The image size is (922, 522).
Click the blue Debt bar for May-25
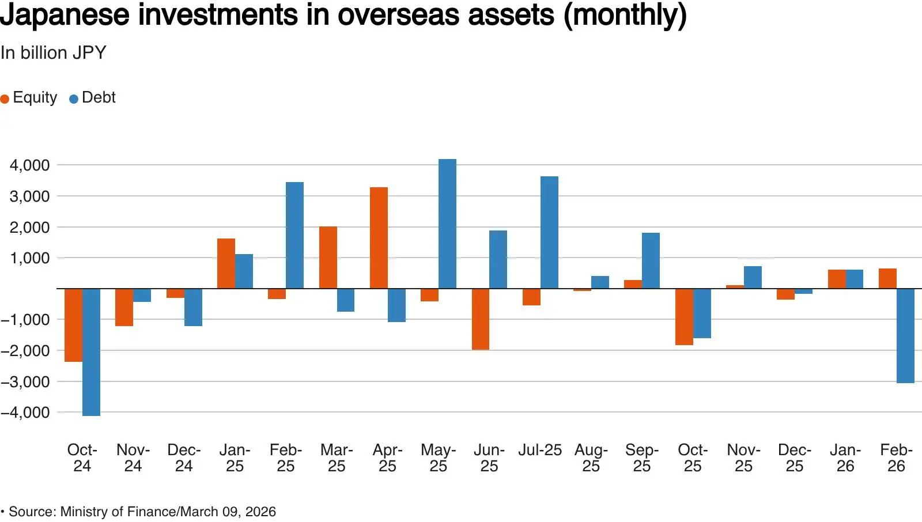pos(447,224)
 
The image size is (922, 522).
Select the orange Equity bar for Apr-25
pos(379,238)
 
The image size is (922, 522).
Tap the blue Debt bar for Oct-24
pos(92,352)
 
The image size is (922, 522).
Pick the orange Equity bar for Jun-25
pos(481,319)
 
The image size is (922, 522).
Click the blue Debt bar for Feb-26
pos(905,335)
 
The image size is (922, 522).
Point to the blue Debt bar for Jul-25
pos(550,233)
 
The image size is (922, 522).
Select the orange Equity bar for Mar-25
pos(328,258)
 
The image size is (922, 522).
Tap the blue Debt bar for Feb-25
pos(294,235)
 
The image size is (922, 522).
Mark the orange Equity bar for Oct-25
pos(684,316)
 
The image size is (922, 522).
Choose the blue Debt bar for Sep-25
pos(651,260)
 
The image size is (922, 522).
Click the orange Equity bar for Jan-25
pos(226,263)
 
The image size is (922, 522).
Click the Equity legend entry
pos(29,97)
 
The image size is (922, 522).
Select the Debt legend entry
pos(93,97)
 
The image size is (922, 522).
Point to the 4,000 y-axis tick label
pos(29,165)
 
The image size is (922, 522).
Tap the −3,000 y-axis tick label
pos(25,381)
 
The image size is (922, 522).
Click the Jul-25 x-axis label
pos(539,450)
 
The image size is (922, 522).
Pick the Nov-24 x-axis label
pos(133,458)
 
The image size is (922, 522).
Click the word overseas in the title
pos(399,15)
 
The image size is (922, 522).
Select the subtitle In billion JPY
pos(54,52)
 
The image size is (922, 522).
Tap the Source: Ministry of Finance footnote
pos(138,512)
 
